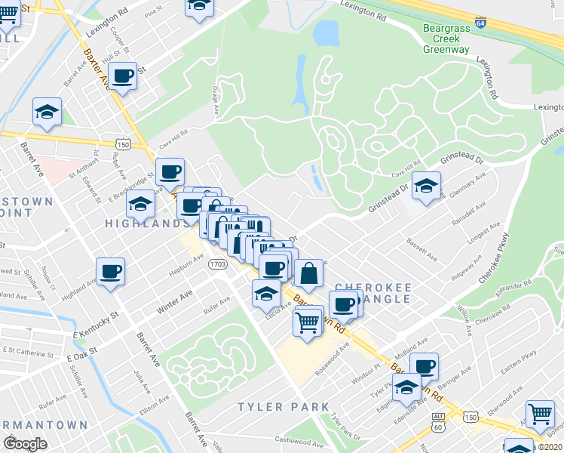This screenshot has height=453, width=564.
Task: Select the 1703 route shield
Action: click(218, 264)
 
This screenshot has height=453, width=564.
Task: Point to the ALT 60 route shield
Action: click(439, 423)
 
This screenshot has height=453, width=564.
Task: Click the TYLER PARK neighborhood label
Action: click(284, 407)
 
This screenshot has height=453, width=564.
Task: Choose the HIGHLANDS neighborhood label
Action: click(146, 223)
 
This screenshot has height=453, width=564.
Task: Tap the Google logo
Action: click(24, 445)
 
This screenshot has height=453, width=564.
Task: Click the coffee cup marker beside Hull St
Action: click(122, 76)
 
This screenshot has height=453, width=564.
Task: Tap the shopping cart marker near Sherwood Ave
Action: click(540, 414)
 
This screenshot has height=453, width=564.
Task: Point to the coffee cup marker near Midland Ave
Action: click(424, 367)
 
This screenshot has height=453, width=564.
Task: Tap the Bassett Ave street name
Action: click(422, 251)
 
